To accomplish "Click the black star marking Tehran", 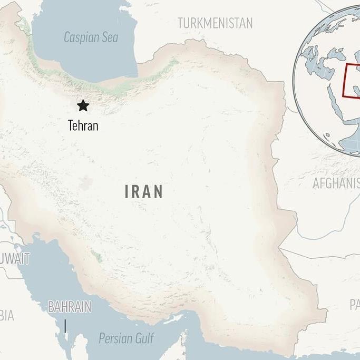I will (83, 105).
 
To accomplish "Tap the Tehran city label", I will (83, 125).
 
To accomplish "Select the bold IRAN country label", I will (144, 191).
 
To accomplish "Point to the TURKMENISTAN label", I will (215, 23).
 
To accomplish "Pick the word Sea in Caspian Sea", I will (110, 37).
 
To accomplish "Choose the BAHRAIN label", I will (70, 306).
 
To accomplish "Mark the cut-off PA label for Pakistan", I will (354, 304).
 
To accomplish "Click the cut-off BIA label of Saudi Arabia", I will (7, 316).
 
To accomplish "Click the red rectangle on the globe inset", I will (352, 81).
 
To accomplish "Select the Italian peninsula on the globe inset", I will (313, 55).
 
